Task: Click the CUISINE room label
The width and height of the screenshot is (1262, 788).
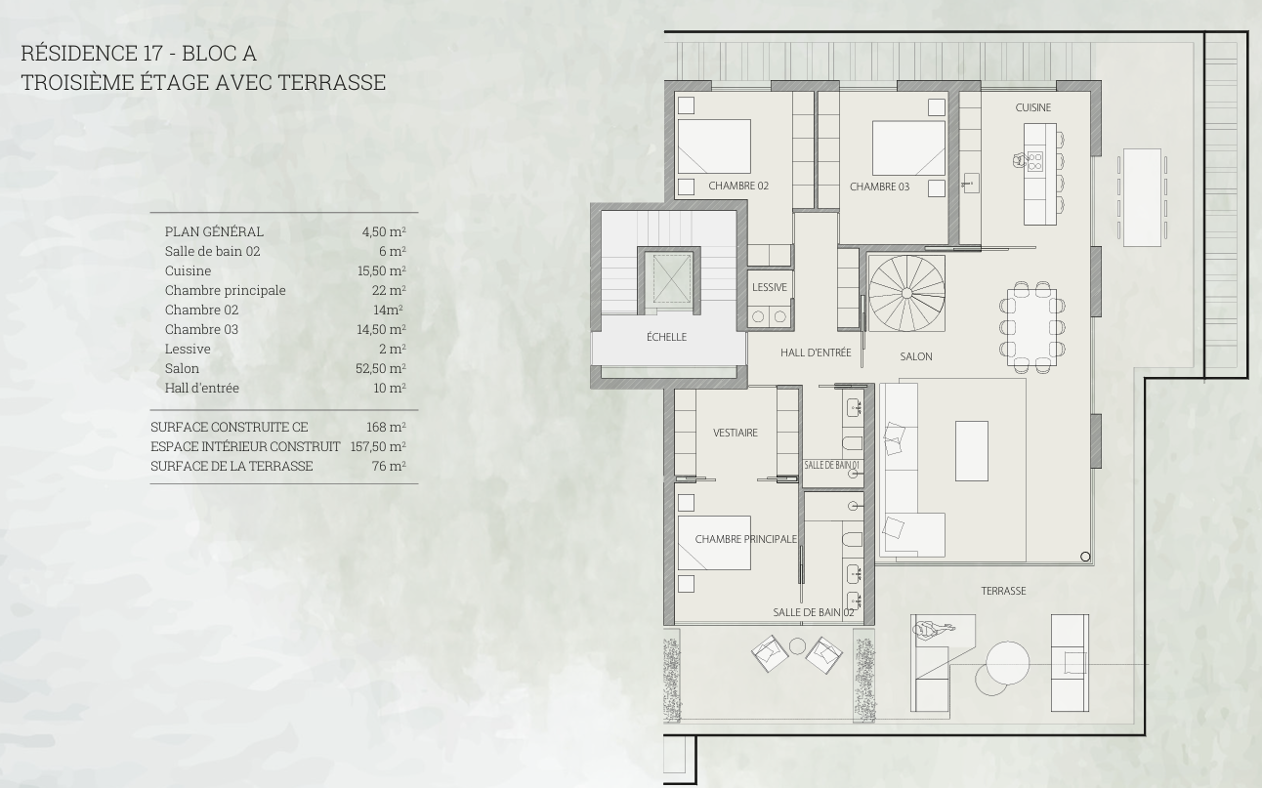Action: tap(1032, 107)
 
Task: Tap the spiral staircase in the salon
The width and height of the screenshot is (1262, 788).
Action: tap(906, 294)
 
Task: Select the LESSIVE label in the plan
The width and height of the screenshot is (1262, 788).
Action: tap(770, 287)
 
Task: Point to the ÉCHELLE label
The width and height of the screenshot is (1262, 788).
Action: tap(666, 337)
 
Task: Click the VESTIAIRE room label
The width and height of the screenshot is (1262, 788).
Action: tap(736, 433)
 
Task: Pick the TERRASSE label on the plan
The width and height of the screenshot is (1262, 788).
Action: tap(1003, 591)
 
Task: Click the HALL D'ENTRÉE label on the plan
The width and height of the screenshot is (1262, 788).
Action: tap(816, 353)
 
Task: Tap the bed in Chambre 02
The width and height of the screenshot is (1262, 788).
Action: tap(714, 145)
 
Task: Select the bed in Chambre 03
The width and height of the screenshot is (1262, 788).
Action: tap(908, 147)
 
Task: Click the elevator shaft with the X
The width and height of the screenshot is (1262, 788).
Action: tap(672, 277)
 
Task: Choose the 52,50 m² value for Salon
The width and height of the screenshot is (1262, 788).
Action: tap(381, 368)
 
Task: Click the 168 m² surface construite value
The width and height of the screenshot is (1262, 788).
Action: tap(386, 427)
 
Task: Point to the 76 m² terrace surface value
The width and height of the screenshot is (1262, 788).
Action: tap(389, 466)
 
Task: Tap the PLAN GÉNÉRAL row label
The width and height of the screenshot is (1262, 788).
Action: tap(214, 231)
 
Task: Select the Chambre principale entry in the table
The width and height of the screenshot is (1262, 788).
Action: tap(226, 290)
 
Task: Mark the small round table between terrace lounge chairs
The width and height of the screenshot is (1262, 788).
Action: tap(797, 646)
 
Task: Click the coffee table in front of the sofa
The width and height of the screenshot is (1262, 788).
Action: tap(971, 450)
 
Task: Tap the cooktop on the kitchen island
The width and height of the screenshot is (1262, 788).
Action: tap(1035, 161)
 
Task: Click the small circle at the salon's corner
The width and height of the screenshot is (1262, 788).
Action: tap(1085, 557)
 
